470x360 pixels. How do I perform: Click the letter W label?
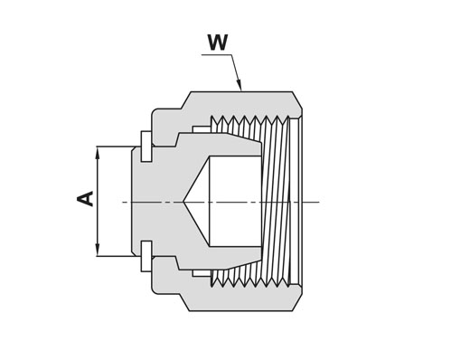[218, 43]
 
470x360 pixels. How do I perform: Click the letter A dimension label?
[86, 198]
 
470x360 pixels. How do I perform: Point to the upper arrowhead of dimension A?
[97, 152]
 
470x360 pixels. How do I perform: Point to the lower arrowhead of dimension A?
[97, 251]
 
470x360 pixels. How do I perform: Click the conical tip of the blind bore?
[183, 202]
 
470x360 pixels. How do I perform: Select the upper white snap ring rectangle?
[146, 147]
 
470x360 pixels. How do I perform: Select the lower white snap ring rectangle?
[146, 256]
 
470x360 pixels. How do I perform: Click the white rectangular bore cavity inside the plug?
[235, 201]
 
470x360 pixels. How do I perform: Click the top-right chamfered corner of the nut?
[297, 99]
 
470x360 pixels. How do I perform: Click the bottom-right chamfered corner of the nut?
[297, 302]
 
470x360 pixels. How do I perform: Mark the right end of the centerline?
[319, 202]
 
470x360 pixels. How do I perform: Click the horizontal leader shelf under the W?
[217, 55]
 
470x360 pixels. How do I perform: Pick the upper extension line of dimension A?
[115, 147]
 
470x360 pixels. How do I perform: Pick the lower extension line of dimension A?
[115, 256]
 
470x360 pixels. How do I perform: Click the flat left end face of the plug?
[132, 202]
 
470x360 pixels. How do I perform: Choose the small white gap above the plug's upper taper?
[202, 129]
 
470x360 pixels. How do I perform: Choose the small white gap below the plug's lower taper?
[202, 273]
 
